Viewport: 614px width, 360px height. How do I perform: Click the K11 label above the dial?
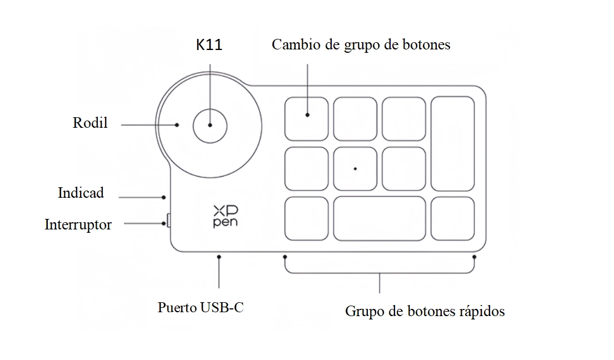[209, 46]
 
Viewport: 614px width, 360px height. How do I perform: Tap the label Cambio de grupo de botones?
[361, 45]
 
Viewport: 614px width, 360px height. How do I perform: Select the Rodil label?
[90, 123]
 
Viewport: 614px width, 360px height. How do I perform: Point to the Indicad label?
[81, 193]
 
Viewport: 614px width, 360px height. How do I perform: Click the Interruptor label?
[78, 225]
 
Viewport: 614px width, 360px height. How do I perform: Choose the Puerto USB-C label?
[201, 307]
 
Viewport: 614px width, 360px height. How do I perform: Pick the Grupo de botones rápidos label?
[425, 311]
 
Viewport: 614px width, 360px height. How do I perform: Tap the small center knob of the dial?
[209, 125]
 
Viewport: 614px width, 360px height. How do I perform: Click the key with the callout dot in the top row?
[306, 118]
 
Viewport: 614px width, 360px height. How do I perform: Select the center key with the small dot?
[355, 168]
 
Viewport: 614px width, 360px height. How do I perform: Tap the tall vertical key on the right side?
[453, 143]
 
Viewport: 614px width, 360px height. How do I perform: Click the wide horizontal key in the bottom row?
[379, 218]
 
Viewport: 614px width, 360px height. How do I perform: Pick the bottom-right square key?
[453, 218]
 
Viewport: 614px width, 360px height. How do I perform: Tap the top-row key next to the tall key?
[404, 118]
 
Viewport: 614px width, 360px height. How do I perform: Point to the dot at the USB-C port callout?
[219, 257]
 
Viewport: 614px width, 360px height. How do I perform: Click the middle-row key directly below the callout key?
[306, 168]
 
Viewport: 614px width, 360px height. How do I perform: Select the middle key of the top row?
[355, 118]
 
